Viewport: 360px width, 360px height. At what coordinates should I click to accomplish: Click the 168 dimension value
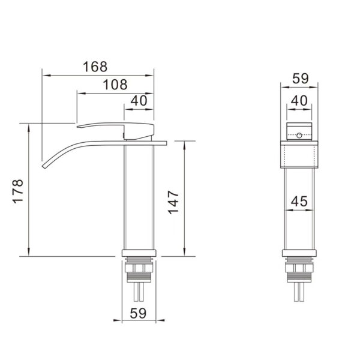[x=95, y=67]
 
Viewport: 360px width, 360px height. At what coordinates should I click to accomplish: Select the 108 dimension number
[x=115, y=85]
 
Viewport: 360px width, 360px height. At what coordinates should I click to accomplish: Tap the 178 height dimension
[x=17, y=191]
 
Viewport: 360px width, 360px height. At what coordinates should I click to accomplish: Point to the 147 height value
[x=173, y=203]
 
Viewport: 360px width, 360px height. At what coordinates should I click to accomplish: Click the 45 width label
[x=299, y=201]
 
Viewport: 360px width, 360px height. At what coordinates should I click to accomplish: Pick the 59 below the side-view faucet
[x=138, y=313]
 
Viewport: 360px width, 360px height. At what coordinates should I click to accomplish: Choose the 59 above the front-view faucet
[x=301, y=79]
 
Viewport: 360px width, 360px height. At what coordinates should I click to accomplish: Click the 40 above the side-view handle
[x=139, y=101]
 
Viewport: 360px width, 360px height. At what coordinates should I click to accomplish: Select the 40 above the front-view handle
[x=299, y=101]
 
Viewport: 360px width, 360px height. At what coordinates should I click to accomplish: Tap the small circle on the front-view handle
[x=299, y=136]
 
